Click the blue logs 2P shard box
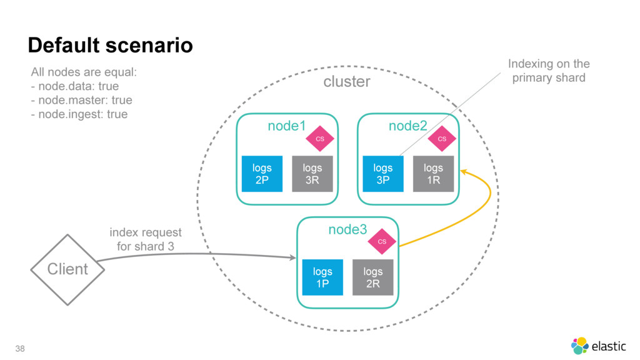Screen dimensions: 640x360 point(262,174)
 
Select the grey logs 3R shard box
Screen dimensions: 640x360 point(312,174)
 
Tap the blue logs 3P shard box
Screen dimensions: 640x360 point(383,174)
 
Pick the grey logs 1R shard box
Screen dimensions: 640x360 point(433,174)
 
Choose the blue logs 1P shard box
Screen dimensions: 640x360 point(322,277)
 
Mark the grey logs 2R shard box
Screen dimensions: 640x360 point(372,277)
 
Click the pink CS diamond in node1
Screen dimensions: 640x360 point(320,139)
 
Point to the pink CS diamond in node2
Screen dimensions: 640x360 point(442,139)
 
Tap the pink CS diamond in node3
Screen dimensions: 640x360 point(382,242)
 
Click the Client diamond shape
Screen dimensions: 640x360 point(67,270)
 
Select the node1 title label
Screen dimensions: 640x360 point(286,126)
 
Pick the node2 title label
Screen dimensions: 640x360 point(407,126)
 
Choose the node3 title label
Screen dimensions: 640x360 point(347,229)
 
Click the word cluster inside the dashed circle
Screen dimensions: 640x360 point(346,82)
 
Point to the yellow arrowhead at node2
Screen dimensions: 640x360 point(463,172)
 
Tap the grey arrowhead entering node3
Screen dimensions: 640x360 point(293,257)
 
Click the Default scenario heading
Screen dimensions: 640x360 point(110,45)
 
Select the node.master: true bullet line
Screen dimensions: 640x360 point(82,100)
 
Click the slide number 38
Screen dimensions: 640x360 point(20,349)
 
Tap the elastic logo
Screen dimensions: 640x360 point(598,346)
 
